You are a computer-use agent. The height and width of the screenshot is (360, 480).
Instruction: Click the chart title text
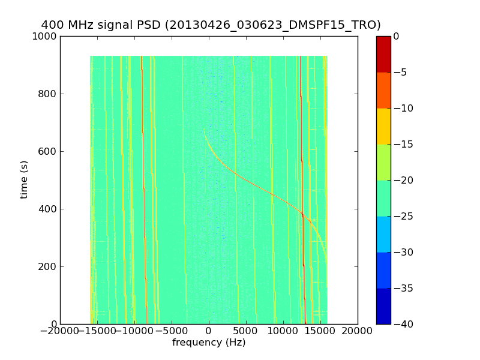tap(211, 25)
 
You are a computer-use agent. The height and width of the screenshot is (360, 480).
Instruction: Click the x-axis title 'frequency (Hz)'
tap(209, 343)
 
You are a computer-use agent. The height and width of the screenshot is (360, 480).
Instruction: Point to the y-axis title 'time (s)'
tap(24, 179)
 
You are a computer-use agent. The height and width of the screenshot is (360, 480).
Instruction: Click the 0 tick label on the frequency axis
tap(209, 331)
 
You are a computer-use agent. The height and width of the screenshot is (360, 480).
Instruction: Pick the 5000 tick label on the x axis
tap(246, 331)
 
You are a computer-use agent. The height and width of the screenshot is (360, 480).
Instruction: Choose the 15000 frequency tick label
tap(320, 331)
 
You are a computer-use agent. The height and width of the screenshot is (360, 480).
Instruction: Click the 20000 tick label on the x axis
tap(358, 331)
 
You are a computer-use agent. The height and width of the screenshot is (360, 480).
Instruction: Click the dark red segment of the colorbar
tap(383, 54)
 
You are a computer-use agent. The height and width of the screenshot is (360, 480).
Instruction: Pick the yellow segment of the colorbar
tap(383, 126)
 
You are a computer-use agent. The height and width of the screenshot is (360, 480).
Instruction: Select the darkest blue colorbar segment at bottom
tap(383, 306)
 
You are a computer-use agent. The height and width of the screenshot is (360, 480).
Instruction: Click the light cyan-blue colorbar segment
tap(383, 234)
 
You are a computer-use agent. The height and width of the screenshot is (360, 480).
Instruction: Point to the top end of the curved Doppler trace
tap(204, 130)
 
